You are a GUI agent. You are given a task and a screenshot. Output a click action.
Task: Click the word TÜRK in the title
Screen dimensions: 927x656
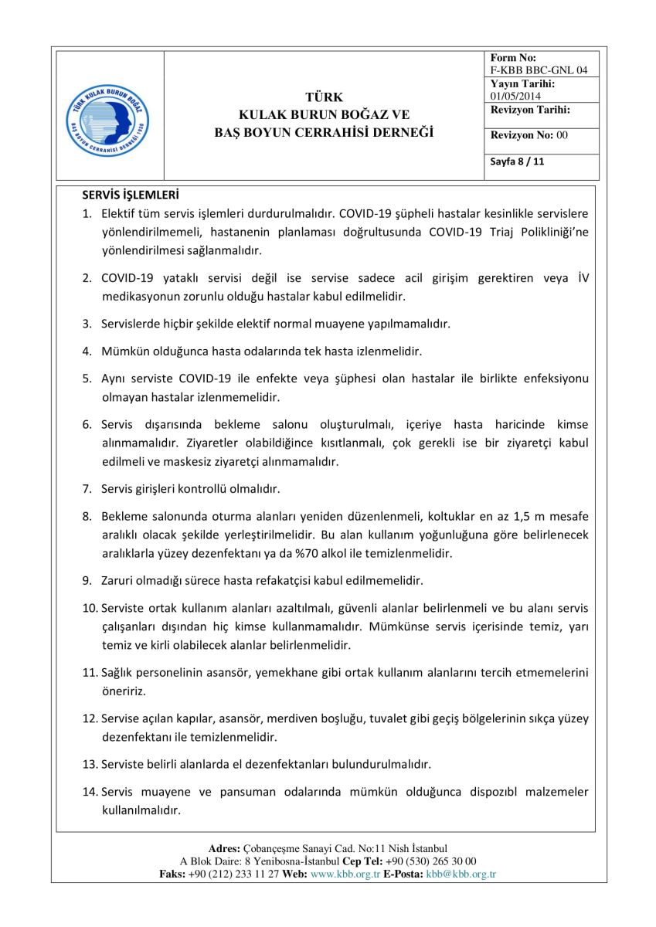pyautogui.click(x=324, y=97)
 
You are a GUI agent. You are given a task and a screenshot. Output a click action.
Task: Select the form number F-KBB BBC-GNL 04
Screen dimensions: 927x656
pyautogui.click(x=539, y=70)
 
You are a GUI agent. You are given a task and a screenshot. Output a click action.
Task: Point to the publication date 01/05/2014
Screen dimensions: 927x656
pyautogui.click(x=515, y=96)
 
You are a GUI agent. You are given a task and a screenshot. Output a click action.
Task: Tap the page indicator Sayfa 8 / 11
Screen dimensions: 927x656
pyautogui.click(x=517, y=162)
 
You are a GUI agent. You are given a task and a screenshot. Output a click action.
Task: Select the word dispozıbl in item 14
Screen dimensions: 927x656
pyautogui.click(x=468, y=792)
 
